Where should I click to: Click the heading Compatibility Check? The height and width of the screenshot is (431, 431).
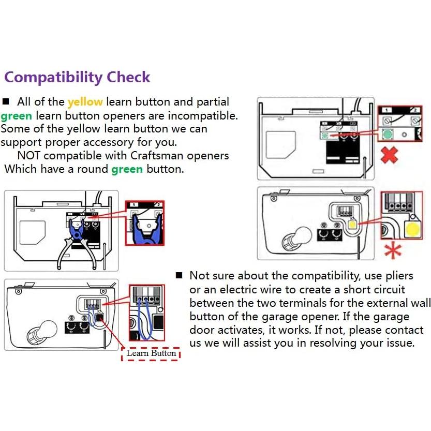pos(77,78)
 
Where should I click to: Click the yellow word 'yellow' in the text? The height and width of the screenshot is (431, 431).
pos(85,102)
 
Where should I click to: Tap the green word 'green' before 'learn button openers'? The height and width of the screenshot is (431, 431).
pos(16,115)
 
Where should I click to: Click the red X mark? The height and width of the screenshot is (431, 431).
pos(389,155)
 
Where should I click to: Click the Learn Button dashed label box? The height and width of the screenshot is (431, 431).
pos(151,353)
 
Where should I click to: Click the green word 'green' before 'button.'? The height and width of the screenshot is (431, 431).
pos(127,169)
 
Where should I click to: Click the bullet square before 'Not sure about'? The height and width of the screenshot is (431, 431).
pos(179,275)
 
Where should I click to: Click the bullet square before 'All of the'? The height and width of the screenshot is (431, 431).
pos(6,102)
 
